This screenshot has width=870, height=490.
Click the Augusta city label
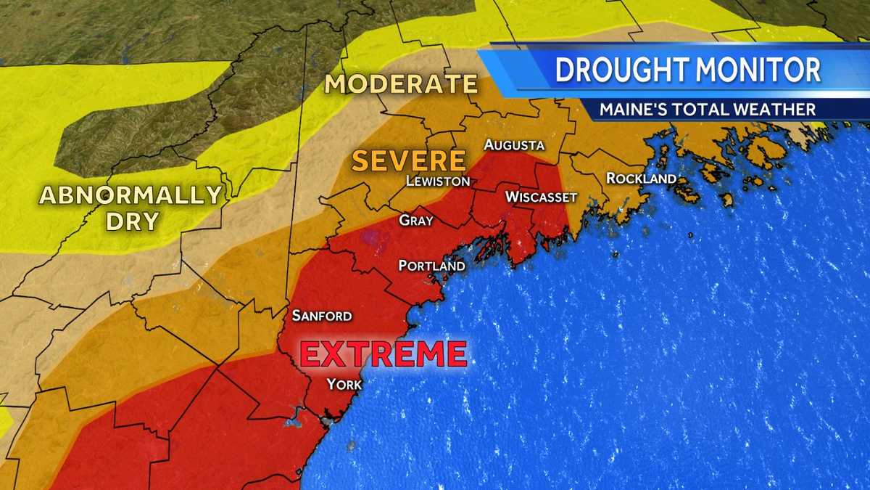(x=514, y=144)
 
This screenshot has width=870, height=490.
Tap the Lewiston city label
(x=438, y=181)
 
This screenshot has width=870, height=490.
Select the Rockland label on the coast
(x=641, y=178)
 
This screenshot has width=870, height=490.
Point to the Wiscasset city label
(x=541, y=197)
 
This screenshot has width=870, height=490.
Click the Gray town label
(x=416, y=220)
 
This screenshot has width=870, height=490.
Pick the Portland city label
(x=432, y=266)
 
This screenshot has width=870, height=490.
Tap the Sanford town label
(x=322, y=316)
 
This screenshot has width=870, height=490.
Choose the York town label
(x=344, y=384)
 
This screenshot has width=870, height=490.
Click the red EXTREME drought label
(x=384, y=354)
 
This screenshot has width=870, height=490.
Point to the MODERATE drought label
(x=401, y=84)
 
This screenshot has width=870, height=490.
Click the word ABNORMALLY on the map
(x=130, y=195)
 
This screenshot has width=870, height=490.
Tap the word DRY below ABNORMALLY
(x=132, y=221)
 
